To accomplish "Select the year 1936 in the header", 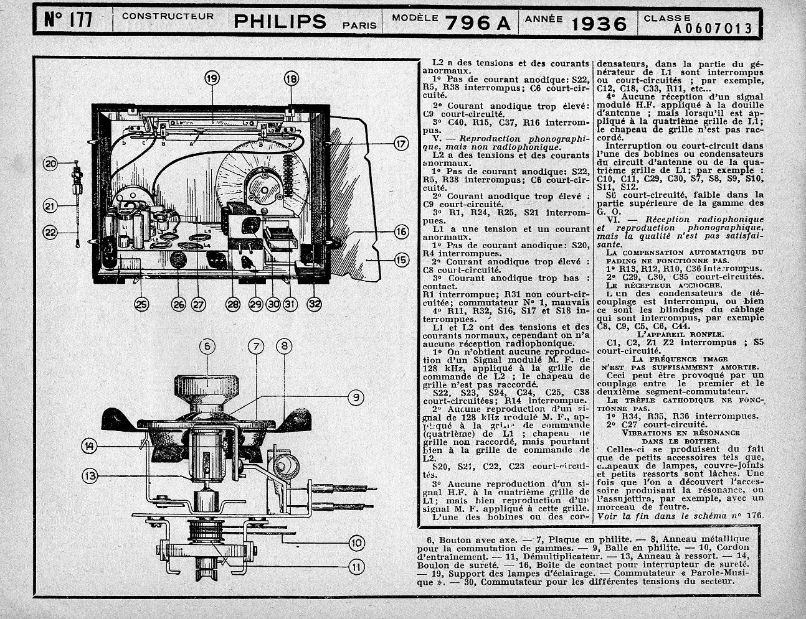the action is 599,23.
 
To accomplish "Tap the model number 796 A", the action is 477,23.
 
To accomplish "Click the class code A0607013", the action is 713,28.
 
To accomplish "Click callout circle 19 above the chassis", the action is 212,78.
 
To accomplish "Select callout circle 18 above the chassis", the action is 291,78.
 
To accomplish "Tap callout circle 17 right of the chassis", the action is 400,144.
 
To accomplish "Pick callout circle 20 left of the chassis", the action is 51,164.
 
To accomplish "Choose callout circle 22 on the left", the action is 51,233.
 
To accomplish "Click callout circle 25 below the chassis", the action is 141,304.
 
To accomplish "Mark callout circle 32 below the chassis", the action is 315,304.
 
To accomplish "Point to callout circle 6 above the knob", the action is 207,347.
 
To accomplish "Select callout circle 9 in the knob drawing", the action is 354,397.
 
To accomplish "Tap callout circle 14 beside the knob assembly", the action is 91,445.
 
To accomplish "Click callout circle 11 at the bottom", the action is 356,566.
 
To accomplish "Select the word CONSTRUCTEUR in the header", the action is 168,16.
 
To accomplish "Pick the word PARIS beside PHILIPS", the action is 359,26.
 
